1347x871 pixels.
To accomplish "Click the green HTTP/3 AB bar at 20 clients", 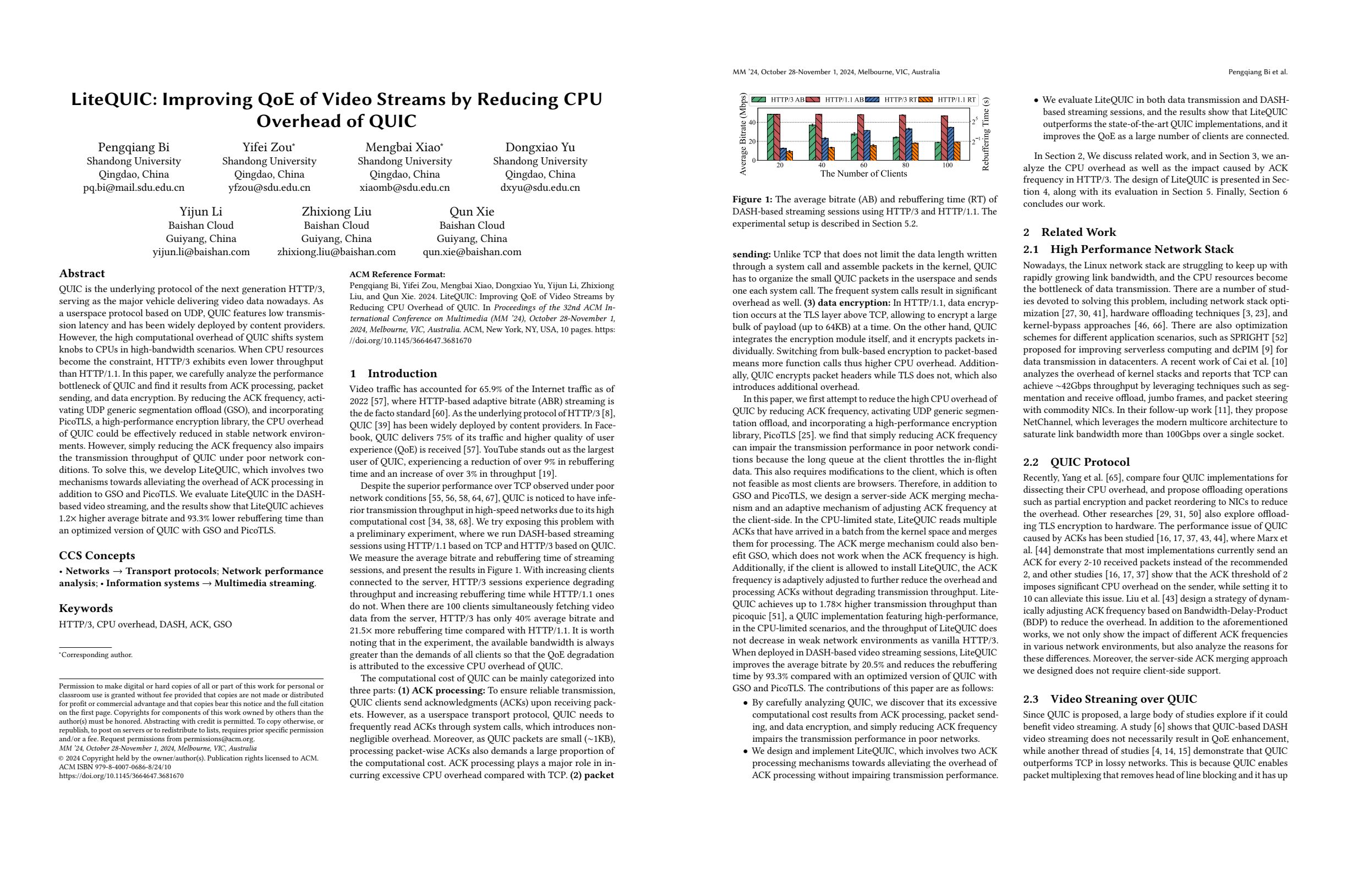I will (770, 137).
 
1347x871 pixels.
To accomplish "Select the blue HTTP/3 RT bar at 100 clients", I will (951, 144).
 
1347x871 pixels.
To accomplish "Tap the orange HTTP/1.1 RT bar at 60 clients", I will (873, 153).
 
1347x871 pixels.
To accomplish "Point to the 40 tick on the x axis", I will (822, 165).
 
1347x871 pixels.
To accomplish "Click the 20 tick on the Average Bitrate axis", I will (752, 141).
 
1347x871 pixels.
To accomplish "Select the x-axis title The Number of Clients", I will (864, 174).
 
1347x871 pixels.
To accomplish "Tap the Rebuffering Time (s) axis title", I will (986, 134).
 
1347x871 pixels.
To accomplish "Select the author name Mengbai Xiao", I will (402, 147).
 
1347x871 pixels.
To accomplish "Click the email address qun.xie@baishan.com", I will (472, 252).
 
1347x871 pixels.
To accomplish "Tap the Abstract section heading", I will (82, 274).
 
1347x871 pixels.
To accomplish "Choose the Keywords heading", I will (86, 609).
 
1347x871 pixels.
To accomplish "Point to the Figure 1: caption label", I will (752, 200).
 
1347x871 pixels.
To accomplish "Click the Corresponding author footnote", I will (97, 655).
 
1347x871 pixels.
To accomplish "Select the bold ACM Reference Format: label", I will (397, 275).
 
